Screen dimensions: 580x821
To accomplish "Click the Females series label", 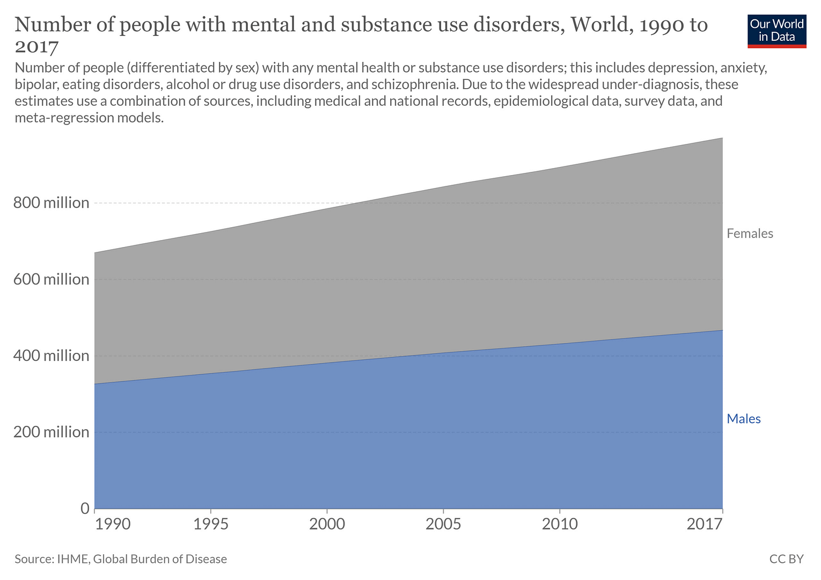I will tap(750, 234).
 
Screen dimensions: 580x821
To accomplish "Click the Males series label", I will tap(743, 419).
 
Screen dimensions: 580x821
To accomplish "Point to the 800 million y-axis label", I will tap(51, 203).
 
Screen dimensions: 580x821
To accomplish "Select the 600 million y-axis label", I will tap(51, 279).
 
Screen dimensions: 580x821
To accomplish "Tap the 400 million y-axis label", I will tap(51, 356).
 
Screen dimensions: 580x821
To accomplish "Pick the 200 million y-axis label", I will tap(51, 432).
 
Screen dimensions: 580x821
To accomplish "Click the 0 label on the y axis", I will tap(85, 508).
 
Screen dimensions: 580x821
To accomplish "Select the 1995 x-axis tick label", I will tap(211, 524).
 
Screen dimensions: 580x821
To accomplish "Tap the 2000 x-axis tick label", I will tap(327, 524).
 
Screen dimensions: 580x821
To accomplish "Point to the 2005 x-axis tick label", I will tap(443, 524).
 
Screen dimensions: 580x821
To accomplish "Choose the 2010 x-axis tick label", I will tap(560, 524).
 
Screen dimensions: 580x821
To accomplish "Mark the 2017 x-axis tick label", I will tap(705, 524).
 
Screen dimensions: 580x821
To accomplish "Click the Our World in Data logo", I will tap(776, 31).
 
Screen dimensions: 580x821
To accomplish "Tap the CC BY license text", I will tap(786, 559).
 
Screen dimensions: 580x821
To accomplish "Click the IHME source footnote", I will tap(121, 559).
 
